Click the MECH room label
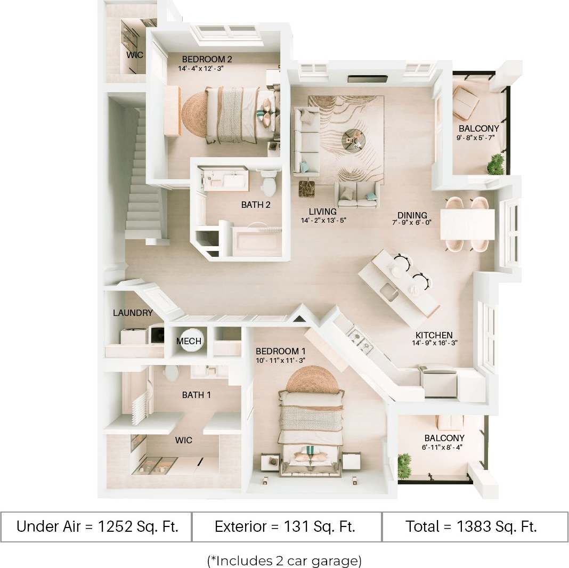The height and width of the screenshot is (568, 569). tap(189, 341)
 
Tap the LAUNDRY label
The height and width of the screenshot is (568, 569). tap(133, 313)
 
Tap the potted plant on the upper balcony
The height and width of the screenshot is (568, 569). tap(496, 164)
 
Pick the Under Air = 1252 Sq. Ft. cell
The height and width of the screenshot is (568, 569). tap(96, 527)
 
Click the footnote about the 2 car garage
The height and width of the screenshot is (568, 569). tap(284, 560)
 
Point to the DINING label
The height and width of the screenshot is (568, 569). tap(412, 215)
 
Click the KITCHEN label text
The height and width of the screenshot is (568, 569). tap(434, 336)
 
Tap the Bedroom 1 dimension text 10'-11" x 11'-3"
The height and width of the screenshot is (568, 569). tap(280, 360)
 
